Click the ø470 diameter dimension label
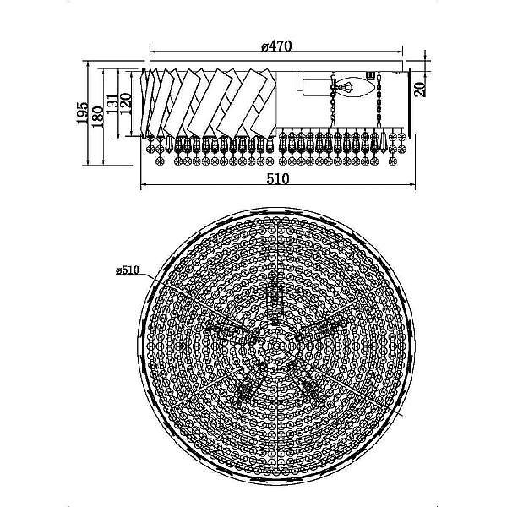(x=276, y=46)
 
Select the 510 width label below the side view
(x=278, y=178)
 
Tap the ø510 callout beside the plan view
(x=128, y=270)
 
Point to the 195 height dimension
(x=82, y=113)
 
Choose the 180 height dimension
(x=98, y=117)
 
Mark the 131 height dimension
(x=112, y=103)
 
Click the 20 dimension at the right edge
(x=420, y=90)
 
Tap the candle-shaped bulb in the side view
(x=358, y=86)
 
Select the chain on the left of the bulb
(x=333, y=101)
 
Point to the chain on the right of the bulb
(x=379, y=101)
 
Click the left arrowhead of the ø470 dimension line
(x=153, y=52)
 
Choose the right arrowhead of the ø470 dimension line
(x=400, y=52)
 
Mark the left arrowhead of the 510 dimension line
(x=144, y=185)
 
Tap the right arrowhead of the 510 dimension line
(x=412, y=185)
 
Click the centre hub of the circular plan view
(x=276, y=346)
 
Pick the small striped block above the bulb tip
(x=371, y=75)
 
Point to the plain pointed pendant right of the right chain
(x=384, y=141)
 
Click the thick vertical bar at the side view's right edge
(x=410, y=103)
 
